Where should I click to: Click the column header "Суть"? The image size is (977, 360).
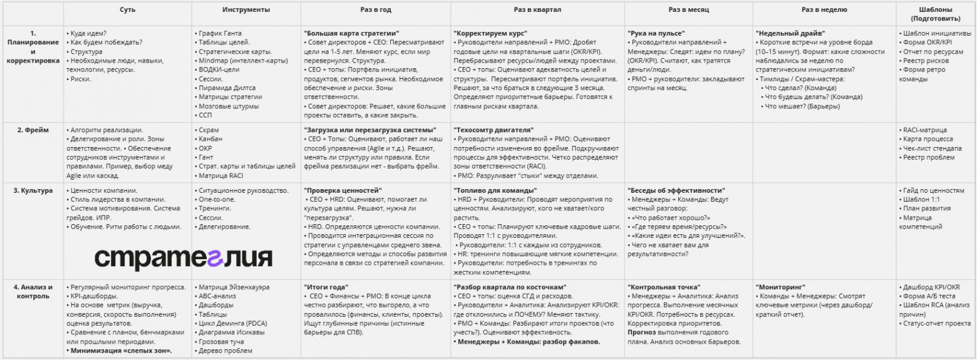click(128, 10)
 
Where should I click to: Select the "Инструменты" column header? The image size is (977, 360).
click(246, 10)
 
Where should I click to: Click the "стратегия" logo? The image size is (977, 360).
click(184, 257)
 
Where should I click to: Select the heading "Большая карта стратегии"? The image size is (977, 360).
click(351, 33)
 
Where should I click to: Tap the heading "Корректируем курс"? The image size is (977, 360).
click(490, 33)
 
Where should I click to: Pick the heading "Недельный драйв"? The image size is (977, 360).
click(790, 33)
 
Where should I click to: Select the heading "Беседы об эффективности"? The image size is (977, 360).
click(676, 190)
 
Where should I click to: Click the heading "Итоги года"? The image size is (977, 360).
click(326, 287)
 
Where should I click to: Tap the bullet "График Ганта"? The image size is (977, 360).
click(219, 33)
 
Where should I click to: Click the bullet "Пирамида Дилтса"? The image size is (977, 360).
click(227, 88)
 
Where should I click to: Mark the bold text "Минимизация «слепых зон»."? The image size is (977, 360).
click(121, 351)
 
